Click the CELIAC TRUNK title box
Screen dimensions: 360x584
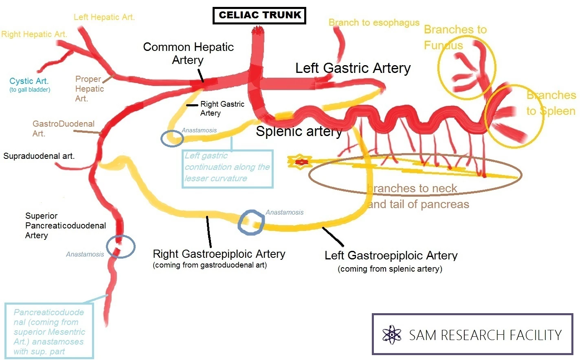click(x=259, y=15)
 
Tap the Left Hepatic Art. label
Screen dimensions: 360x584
click(x=104, y=17)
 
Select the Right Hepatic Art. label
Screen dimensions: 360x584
click(x=34, y=34)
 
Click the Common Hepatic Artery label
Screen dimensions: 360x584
click(x=188, y=53)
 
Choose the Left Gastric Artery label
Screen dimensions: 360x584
click(x=353, y=68)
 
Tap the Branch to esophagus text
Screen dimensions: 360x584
click(x=373, y=23)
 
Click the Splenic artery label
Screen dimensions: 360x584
click(x=299, y=131)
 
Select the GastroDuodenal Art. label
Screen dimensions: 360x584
click(x=63, y=128)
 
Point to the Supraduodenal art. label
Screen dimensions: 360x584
click(x=39, y=156)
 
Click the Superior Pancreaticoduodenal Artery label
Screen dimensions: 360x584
click(x=65, y=226)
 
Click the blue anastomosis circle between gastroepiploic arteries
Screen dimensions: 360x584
click(x=251, y=222)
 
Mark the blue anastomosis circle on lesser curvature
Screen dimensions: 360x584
click(x=172, y=138)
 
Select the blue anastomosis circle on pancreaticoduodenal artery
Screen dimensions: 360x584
click(x=121, y=247)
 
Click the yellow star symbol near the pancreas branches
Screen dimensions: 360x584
click(x=301, y=162)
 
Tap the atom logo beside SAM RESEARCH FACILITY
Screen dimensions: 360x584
click(x=392, y=335)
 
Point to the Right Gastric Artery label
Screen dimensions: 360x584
click(x=222, y=108)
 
